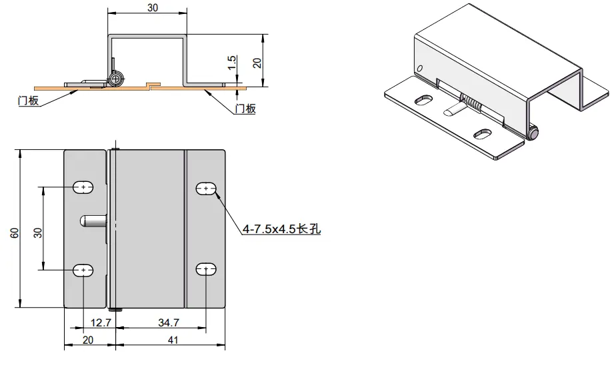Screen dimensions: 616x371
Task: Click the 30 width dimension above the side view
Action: [x=153, y=8]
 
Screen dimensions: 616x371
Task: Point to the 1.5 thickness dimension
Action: [x=232, y=63]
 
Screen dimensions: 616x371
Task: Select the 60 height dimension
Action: [x=15, y=233]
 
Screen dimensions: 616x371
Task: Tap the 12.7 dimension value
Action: [x=101, y=323]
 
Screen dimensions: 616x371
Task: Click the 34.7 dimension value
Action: [x=169, y=323]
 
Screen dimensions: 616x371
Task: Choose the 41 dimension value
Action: [x=173, y=340]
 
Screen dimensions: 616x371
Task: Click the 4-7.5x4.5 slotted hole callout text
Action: [x=281, y=229]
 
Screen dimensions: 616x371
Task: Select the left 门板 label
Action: [x=28, y=101]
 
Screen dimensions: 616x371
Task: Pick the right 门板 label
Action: [x=245, y=109]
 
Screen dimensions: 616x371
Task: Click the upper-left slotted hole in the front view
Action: [x=83, y=187]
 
